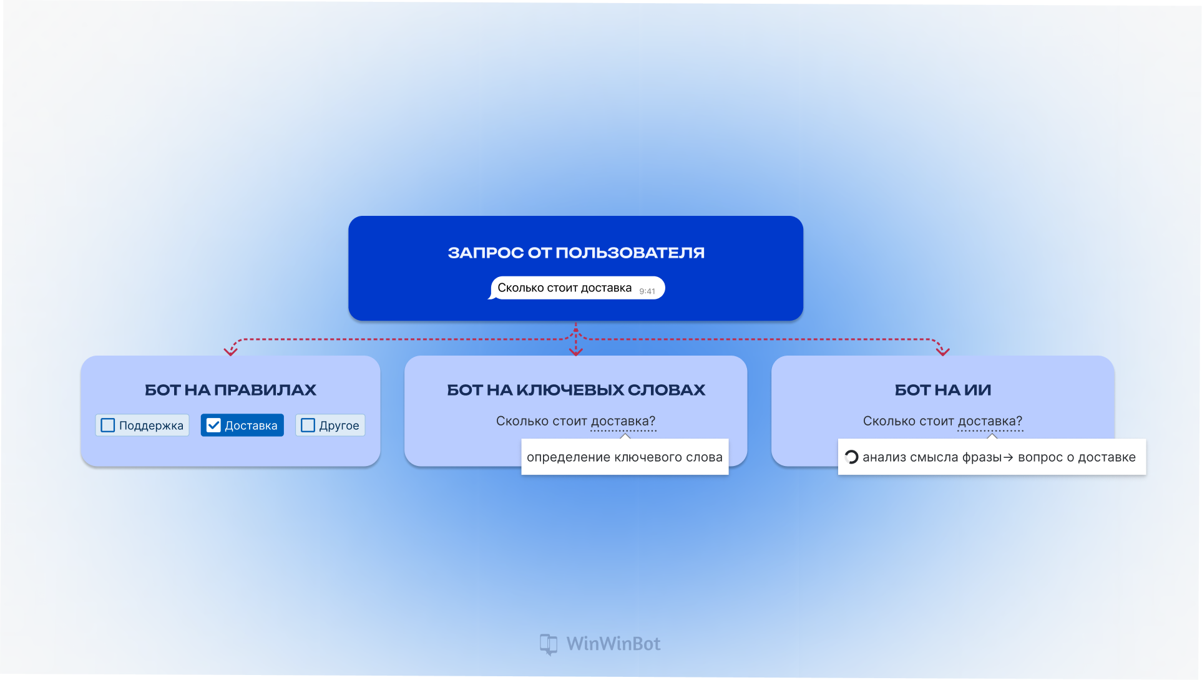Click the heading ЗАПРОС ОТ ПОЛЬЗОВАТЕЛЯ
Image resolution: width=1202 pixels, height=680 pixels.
[x=576, y=253]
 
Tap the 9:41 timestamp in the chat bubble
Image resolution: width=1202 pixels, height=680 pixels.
[x=647, y=291]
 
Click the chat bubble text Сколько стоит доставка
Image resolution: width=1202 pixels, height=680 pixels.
[x=564, y=288]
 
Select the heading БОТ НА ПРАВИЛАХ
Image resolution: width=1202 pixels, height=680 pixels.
[x=230, y=390]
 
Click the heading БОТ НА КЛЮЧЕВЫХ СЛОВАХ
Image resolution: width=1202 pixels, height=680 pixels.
[x=576, y=390]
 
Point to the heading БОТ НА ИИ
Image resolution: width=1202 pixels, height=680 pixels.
[x=942, y=390]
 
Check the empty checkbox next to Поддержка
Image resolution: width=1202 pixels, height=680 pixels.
[x=108, y=425]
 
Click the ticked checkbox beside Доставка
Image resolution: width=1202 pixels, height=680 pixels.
[x=213, y=425]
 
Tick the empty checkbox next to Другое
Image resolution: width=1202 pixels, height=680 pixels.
[x=308, y=425]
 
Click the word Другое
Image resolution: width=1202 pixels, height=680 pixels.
[x=339, y=426]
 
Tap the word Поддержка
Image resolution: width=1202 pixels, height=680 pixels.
[x=151, y=426]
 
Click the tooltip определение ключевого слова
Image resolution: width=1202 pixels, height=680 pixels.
[x=625, y=457]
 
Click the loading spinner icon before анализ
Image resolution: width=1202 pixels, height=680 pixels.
[x=851, y=457]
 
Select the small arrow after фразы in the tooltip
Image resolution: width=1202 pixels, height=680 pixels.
[x=1008, y=457]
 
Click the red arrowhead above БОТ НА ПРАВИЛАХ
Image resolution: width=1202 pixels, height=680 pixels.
[x=230, y=352]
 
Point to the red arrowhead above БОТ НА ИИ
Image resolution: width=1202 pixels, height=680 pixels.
[x=942, y=352]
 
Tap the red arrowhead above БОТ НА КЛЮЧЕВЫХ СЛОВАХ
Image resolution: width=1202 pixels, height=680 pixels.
[x=575, y=352]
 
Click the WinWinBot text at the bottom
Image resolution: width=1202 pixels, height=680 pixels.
[x=613, y=644]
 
